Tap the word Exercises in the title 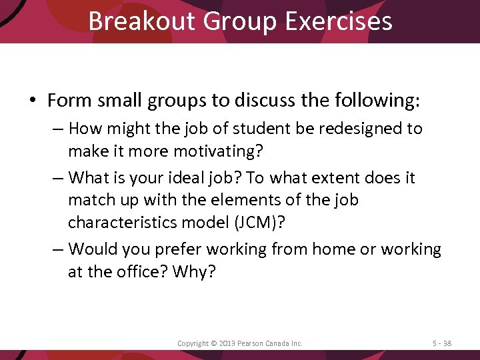[338, 21]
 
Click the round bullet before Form [32, 101]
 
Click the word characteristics [127, 222]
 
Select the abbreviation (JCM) [260, 222]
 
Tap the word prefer [178, 249]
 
